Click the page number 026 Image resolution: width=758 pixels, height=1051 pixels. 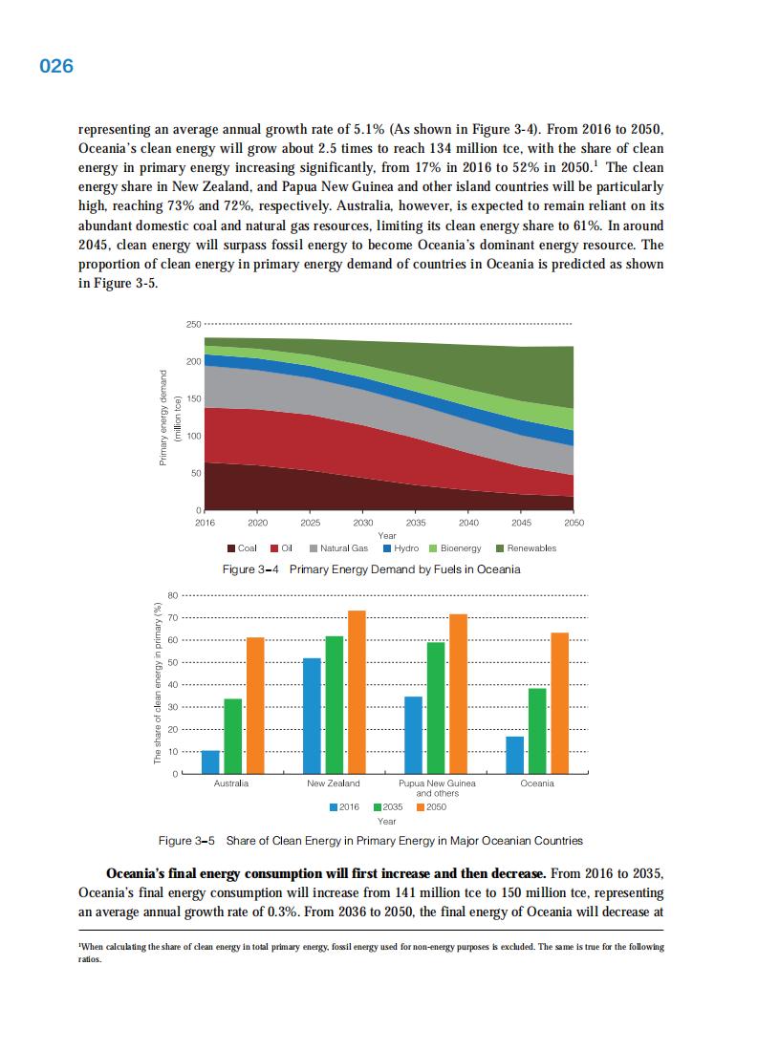point(56,67)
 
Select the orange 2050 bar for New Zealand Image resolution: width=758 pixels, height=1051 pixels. point(357,692)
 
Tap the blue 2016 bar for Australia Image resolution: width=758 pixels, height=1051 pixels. point(210,761)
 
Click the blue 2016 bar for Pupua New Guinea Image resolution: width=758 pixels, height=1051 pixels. point(413,735)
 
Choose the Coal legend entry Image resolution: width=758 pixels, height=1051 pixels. point(242,548)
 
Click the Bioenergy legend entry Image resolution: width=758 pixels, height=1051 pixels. point(455,548)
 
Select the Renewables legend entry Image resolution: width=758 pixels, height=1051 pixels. point(526,548)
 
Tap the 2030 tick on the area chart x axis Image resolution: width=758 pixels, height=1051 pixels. point(363,523)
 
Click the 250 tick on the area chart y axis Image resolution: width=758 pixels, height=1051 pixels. point(193,325)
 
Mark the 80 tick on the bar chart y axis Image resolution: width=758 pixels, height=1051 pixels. point(173,595)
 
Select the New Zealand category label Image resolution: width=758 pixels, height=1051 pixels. point(334,783)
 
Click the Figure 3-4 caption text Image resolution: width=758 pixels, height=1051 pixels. point(371,569)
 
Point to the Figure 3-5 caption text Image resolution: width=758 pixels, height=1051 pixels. point(370,841)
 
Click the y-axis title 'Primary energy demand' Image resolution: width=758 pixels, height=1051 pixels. point(163,418)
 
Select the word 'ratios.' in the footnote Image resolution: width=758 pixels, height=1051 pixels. point(89,960)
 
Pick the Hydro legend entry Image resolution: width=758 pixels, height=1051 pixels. point(401,548)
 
